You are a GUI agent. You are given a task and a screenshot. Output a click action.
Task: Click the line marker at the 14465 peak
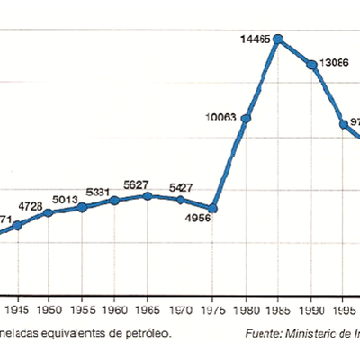(278, 39)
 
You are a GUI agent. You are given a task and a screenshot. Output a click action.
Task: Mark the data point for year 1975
(212, 208)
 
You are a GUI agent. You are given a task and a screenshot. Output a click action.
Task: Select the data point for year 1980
(245, 118)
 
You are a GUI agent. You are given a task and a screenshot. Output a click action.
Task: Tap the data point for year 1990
(311, 65)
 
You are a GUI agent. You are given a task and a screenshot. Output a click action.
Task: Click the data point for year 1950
(49, 212)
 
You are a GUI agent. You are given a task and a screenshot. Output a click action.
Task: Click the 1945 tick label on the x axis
(16, 310)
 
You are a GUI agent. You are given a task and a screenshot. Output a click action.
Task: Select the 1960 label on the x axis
(115, 310)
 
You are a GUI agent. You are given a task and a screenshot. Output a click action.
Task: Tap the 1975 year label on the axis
(213, 310)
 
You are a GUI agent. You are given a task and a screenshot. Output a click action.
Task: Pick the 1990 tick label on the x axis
(311, 310)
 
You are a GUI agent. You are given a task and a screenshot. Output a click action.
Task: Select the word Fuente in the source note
(262, 333)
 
